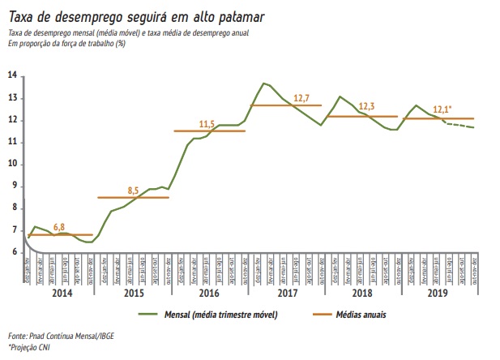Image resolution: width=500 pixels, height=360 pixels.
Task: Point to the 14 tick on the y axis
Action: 13,75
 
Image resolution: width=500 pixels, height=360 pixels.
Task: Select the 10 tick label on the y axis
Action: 13,164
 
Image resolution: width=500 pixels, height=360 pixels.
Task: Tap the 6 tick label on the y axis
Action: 13,252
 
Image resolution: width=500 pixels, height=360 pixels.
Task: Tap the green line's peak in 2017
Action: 263,83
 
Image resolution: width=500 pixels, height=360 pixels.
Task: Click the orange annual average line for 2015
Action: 133,198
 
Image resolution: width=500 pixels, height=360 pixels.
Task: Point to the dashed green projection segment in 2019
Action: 460,126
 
